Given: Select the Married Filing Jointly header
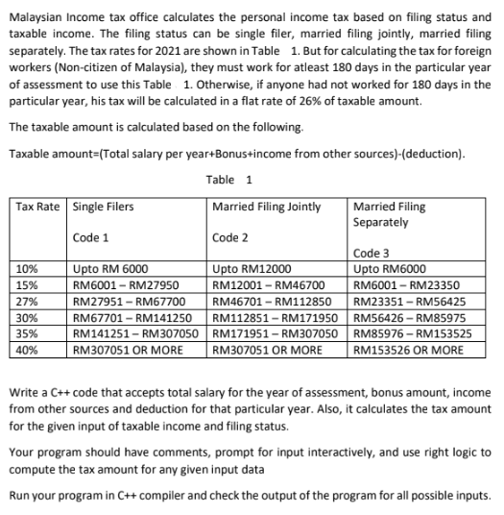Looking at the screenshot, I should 266,207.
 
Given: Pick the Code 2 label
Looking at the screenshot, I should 230,236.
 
